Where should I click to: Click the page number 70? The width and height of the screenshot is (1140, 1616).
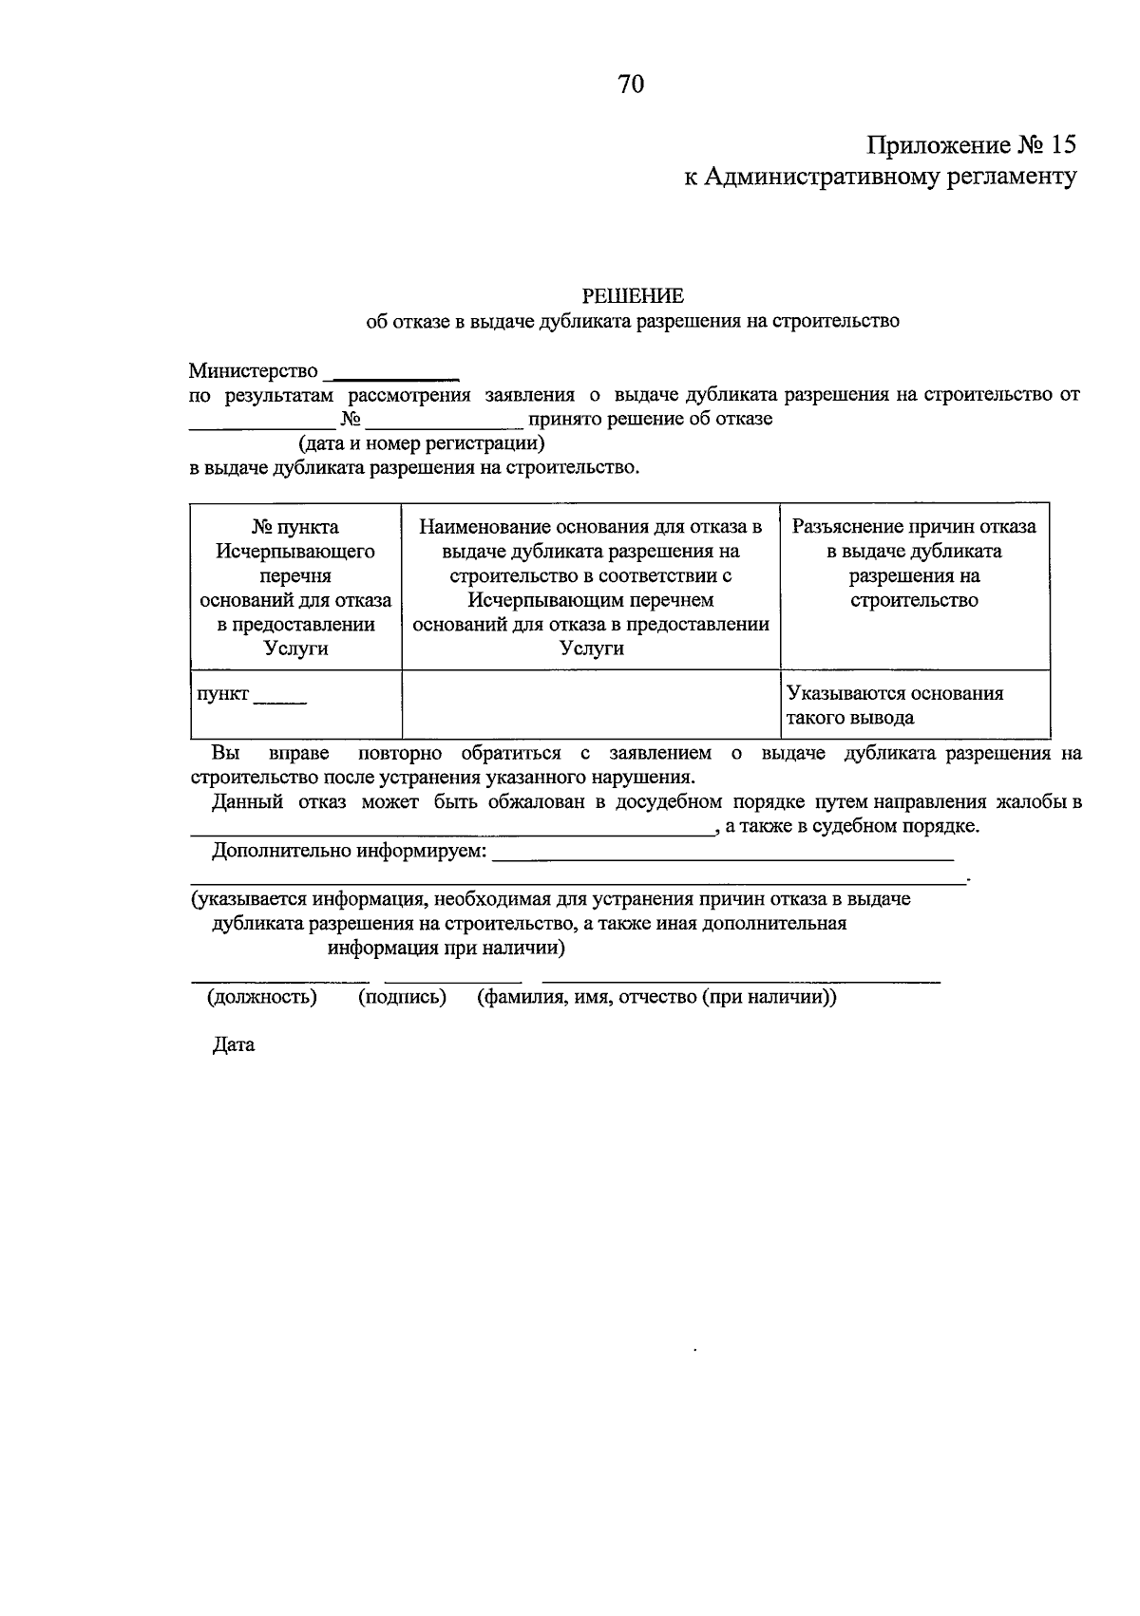pyautogui.click(x=631, y=85)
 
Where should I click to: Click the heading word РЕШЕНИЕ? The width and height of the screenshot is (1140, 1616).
pyautogui.click(x=633, y=296)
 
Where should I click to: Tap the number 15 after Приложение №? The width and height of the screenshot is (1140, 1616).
pyautogui.click(x=1064, y=145)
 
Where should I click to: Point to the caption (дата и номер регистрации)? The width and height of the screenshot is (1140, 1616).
pyautogui.click(x=421, y=443)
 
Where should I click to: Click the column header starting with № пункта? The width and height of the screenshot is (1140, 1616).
pyautogui.click(x=295, y=587)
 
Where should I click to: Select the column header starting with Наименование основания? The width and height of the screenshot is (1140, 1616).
pyautogui.click(x=591, y=587)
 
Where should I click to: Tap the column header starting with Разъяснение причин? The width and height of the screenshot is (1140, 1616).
pyautogui.click(x=914, y=563)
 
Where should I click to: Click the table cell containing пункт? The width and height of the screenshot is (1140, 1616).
pyautogui.click(x=295, y=704)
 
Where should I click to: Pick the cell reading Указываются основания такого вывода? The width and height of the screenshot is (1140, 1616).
pyautogui.click(x=914, y=705)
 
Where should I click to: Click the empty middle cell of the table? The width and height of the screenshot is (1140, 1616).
pyautogui.click(x=591, y=704)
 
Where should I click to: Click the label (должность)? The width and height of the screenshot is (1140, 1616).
pyautogui.click(x=262, y=997)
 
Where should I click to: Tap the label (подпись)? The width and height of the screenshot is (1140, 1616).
pyautogui.click(x=402, y=997)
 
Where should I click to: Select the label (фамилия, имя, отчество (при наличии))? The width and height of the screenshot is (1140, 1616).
pyautogui.click(x=656, y=997)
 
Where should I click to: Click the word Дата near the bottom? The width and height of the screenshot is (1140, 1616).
pyautogui.click(x=234, y=1045)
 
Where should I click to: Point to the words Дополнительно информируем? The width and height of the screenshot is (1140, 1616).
pyautogui.click(x=349, y=851)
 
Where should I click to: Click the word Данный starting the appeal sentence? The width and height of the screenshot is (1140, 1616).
pyautogui.click(x=247, y=802)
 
